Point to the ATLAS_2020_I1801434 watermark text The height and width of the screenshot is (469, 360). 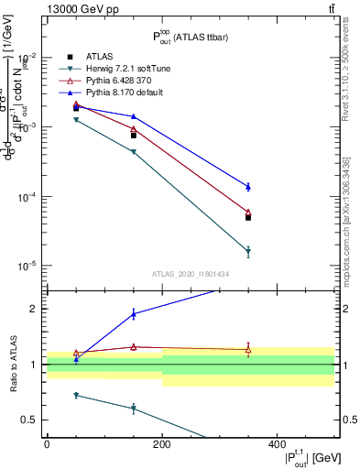pos(191,274)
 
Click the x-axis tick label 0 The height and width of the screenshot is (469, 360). pos(47,444)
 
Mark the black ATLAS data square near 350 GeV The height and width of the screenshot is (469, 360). pos(248,218)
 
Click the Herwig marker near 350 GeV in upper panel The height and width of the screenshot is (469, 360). pos(248,252)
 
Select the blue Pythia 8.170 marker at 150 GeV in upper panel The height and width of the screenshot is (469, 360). pos(134,116)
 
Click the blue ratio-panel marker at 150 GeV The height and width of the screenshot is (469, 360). pos(134,314)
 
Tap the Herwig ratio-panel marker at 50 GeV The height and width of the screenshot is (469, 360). pos(76,395)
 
